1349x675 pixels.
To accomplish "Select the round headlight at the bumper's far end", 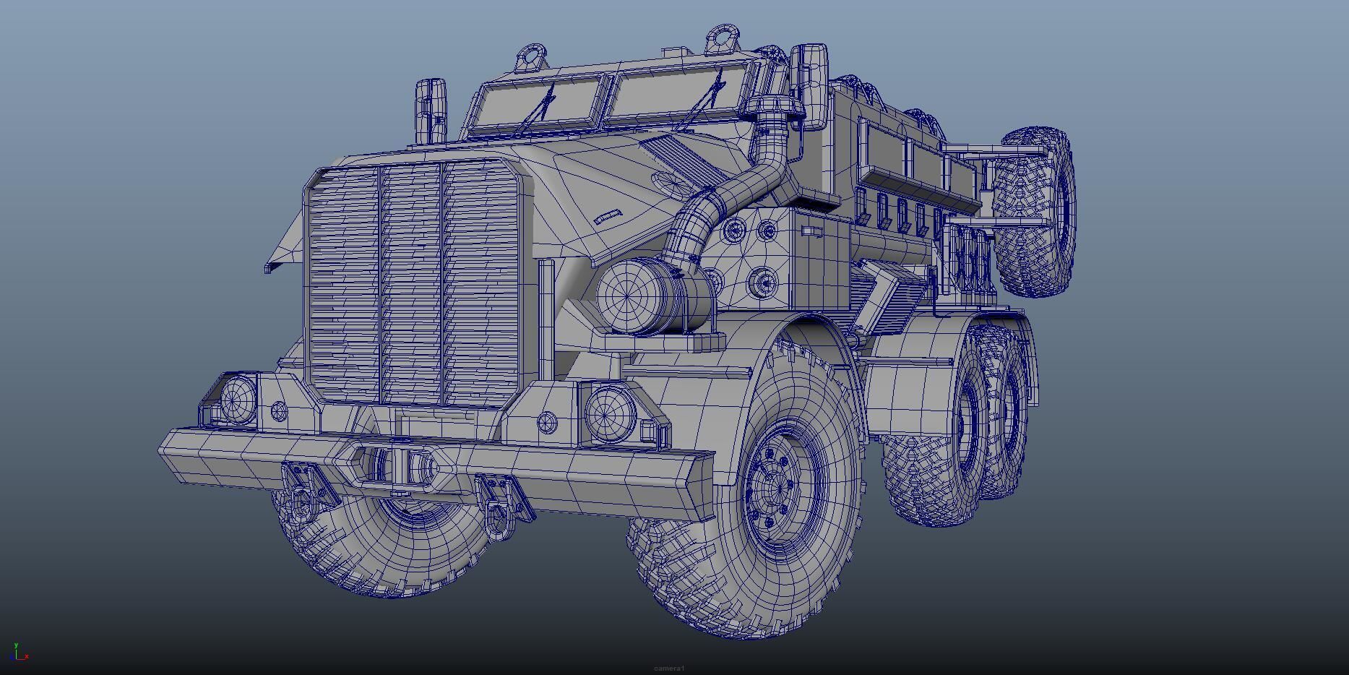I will pyautogui.click(x=238, y=399).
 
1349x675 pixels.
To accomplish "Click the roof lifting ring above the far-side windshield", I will pyautogui.click(x=532, y=56).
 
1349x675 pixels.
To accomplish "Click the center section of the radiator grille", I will pyautogui.click(x=410, y=285).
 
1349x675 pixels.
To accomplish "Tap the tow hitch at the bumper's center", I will pyautogui.click(x=397, y=465).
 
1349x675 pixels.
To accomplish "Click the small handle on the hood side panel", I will pyautogui.click(x=608, y=216).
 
